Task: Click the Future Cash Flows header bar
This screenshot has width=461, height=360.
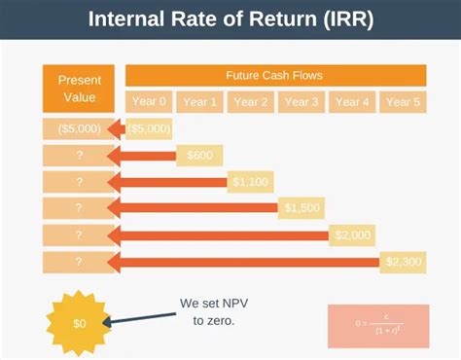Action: pyautogui.click(x=275, y=75)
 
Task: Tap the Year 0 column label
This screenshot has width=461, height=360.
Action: pyautogui.click(x=149, y=101)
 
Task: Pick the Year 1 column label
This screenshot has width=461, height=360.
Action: pyautogui.click(x=199, y=101)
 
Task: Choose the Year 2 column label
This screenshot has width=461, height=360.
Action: pyautogui.click(x=250, y=101)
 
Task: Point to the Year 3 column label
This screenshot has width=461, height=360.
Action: pyautogui.click(x=301, y=101)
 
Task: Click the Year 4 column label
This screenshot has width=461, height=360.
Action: pyautogui.click(x=351, y=101)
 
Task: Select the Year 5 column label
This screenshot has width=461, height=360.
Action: pyautogui.click(x=402, y=101)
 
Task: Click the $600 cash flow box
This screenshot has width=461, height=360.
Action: pyautogui.click(x=198, y=155)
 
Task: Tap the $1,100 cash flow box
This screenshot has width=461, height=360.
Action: pyautogui.click(x=250, y=181)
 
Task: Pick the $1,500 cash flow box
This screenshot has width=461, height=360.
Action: pyautogui.click(x=301, y=207)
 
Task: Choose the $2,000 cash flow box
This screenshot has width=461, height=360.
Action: pyautogui.click(x=351, y=234)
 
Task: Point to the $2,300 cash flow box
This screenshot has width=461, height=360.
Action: pyautogui.click(x=402, y=261)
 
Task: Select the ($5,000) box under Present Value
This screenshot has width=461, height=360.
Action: pyautogui.click(x=72, y=128)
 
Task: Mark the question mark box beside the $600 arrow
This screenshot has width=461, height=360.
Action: pyautogui.click(x=72, y=155)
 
